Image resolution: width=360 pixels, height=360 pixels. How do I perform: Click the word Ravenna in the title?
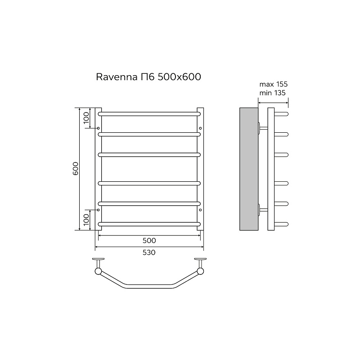pyautogui.click(x=117, y=77)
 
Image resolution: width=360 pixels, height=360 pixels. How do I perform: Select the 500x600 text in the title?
pyautogui.click(x=179, y=76)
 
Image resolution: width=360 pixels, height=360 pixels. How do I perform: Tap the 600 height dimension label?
pyautogui.click(x=76, y=168)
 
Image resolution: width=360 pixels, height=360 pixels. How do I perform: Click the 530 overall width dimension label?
pyautogui.click(x=149, y=252)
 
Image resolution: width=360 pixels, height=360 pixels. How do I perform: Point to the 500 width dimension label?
pyautogui.click(x=149, y=240)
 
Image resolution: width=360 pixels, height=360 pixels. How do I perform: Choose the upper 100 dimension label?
pyautogui.click(x=86, y=118)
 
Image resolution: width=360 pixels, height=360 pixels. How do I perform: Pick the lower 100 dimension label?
pyautogui.click(x=86, y=220)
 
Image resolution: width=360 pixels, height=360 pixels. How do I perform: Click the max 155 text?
pyautogui.click(x=274, y=84)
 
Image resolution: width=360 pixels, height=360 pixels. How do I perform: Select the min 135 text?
pyautogui.click(x=272, y=93)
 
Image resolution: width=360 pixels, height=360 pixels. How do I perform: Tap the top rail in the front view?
pyautogui.click(x=149, y=114)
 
